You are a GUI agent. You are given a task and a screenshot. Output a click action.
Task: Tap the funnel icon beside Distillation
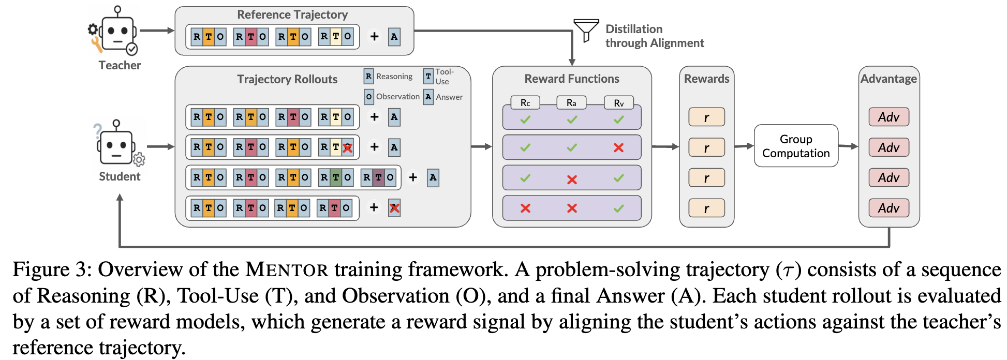[586, 30]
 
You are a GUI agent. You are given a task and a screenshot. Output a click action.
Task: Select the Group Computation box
[796, 146]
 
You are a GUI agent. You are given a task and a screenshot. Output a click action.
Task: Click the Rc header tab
[525, 102]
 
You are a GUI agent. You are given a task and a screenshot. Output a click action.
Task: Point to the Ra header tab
[571, 102]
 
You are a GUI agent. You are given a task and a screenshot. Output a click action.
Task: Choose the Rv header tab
[619, 102]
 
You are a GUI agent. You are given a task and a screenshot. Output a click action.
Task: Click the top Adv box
[888, 117]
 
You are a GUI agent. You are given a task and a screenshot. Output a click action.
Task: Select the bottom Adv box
[888, 208]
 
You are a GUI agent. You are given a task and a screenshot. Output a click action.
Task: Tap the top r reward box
[706, 117]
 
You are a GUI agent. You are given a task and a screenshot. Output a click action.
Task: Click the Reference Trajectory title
[292, 14]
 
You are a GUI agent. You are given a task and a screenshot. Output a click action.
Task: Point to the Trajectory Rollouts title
[287, 79]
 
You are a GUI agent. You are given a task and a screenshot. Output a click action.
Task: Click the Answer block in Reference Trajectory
[394, 37]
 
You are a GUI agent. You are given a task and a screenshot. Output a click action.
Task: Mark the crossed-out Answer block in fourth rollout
[394, 208]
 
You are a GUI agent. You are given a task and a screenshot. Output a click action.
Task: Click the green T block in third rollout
[336, 177]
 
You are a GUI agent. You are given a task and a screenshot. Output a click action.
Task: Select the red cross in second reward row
[618, 147]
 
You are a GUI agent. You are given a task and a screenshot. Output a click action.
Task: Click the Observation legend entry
[392, 97]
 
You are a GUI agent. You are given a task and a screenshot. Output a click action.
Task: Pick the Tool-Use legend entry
[439, 77]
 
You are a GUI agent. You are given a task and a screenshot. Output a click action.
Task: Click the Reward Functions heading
[572, 79]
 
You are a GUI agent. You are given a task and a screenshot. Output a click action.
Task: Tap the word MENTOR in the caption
[287, 269]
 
